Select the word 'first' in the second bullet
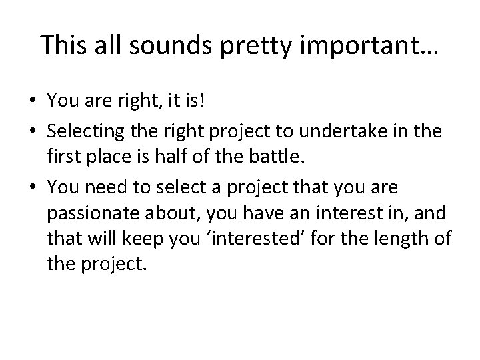[x=63, y=158]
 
